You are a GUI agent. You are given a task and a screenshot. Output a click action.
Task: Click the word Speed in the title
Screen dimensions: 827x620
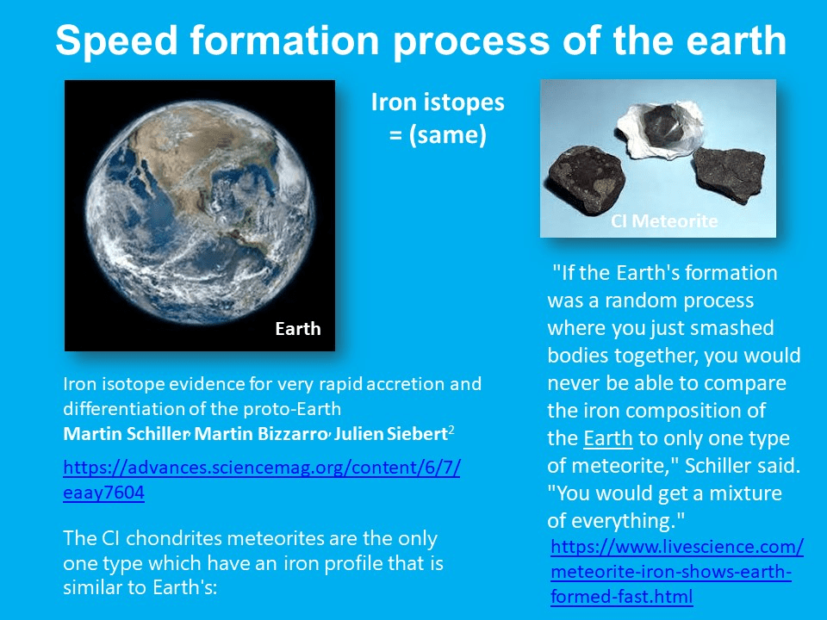pos(117,41)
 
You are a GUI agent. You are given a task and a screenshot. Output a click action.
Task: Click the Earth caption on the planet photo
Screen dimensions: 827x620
pos(298,328)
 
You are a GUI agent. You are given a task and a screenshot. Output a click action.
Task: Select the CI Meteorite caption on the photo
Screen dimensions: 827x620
pos(664,220)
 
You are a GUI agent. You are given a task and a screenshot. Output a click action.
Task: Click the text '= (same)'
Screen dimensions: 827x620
pos(438,135)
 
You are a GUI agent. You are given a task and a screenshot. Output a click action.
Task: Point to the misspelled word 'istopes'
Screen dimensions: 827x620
pos(464,102)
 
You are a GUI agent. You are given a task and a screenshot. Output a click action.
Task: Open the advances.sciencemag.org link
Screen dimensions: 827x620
pos(262,480)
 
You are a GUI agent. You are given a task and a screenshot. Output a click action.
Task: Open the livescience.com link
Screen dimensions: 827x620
pos(677,572)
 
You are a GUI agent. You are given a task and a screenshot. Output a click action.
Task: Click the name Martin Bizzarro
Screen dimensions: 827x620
pos(261,434)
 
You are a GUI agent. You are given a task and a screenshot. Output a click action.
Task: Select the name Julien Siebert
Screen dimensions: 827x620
pos(391,434)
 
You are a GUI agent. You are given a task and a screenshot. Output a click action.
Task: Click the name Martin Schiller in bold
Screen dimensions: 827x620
pos(126,434)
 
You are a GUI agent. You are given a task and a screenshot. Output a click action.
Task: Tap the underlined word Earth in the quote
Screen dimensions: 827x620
pos(608,438)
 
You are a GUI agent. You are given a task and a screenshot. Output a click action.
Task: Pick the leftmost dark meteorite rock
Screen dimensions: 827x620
pos(587,179)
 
